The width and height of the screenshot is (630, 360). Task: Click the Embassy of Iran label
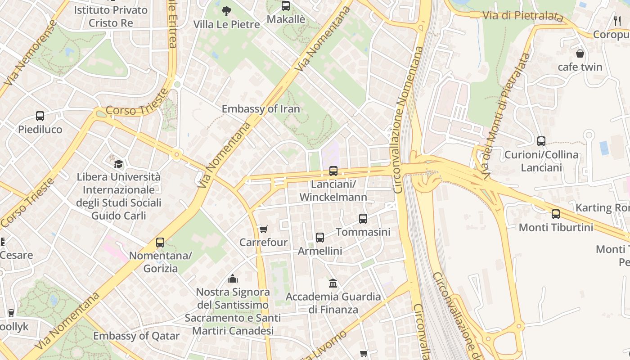(x=261, y=109)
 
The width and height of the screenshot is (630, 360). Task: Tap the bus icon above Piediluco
(x=40, y=116)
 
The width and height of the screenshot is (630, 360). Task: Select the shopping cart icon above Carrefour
(x=264, y=229)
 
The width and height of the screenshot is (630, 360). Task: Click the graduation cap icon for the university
(x=118, y=164)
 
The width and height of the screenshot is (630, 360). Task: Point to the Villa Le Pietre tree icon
(x=226, y=11)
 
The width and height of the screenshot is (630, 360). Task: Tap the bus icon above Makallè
(x=286, y=6)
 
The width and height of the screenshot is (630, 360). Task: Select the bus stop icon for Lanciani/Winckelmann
(x=333, y=171)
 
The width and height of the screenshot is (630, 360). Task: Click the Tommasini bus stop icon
(x=363, y=219)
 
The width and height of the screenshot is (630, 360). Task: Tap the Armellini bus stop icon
(x=320, y=238)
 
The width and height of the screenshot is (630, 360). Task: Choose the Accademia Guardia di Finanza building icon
(x=333, y=283)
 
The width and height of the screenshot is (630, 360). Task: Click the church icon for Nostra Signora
(x=233, y=279)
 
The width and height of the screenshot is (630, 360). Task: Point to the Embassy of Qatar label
(x=136, y=336)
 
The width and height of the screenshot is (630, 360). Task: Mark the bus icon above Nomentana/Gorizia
(x=160, y=243)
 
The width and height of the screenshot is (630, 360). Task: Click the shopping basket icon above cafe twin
(x=580, y=54)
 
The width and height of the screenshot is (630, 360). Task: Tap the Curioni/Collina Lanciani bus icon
(x=541, y=141)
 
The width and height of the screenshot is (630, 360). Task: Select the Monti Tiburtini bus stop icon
(x=556, y=214)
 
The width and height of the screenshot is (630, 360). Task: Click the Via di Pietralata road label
(x=522, y=16)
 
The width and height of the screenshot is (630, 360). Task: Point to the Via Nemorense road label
(x=30, y=53)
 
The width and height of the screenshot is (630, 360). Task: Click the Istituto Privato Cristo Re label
(x=111, y=16)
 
